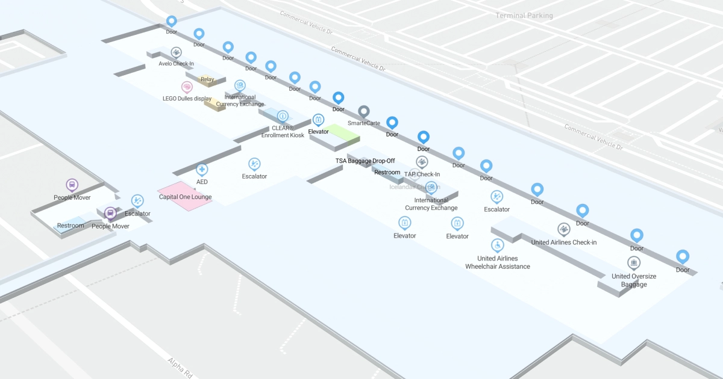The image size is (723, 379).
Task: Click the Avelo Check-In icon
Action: click(176, 52)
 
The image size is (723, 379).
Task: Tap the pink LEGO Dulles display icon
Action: click(187, 87)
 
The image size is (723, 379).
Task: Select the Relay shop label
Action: click(207, 79)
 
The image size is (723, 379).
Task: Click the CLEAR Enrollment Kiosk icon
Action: click(283, 116)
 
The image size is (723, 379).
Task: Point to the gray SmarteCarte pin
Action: click(363, 111)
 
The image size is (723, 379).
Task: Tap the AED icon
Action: click(202, 170)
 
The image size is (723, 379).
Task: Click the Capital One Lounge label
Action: click(185, 197)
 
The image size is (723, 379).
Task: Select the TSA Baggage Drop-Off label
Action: click(365, 161)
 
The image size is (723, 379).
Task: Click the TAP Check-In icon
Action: click(422, 162)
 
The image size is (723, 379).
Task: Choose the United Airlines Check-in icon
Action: click(563, 229)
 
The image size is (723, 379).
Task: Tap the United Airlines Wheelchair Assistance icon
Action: click(497, 245)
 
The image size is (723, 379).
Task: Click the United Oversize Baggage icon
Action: click(633, 263)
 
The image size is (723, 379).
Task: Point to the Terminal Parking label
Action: click(524, 16)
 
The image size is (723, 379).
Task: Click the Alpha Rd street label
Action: click(180, 367)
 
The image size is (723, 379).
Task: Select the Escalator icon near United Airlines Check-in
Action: click(496, 196)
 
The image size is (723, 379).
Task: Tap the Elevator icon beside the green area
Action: click(318, 120)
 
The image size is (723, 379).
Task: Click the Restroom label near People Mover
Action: click(70, 226)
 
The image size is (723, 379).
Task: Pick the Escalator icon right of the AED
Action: click(254, 164)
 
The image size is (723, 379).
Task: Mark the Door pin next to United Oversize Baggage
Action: click(683, 257)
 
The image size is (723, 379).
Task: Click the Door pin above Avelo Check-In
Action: click(172, 21)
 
